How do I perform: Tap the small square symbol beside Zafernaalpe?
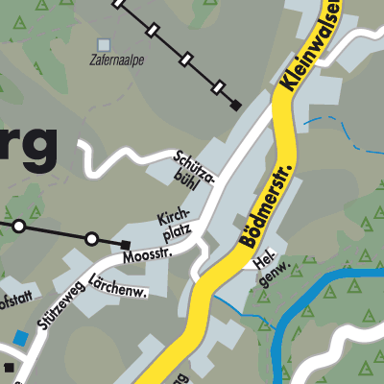[104, 44]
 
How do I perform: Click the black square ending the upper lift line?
[236, 105]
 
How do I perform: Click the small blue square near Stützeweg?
[21, 338]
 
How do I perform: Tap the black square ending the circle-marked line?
[125, 244]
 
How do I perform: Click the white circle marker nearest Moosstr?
[91, 238]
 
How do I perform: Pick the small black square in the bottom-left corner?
[8, 367]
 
